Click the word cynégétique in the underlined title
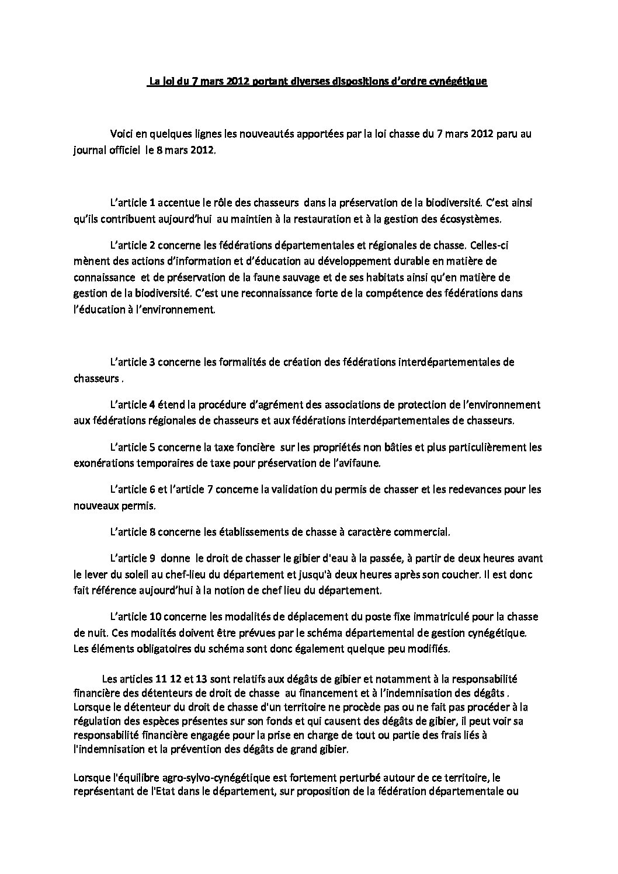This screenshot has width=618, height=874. point(458,82)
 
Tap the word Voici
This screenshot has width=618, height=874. point(121,134)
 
